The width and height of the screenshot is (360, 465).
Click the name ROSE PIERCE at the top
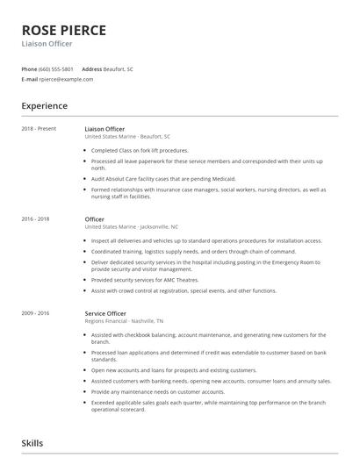63,30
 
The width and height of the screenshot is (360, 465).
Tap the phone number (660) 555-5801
56,68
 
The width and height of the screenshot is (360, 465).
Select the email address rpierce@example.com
66,79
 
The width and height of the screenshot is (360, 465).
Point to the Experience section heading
44,106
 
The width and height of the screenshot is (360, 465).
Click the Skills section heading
32,443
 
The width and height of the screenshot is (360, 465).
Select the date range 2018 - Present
39,129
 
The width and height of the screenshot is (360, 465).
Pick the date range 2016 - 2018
35,219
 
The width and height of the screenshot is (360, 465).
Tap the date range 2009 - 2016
35,313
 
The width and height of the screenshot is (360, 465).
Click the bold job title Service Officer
105,313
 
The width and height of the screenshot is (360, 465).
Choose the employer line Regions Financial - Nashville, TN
127,322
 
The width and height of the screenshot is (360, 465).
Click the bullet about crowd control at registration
184,290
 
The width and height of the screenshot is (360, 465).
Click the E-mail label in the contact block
29,79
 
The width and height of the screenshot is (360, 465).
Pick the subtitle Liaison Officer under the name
47,44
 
